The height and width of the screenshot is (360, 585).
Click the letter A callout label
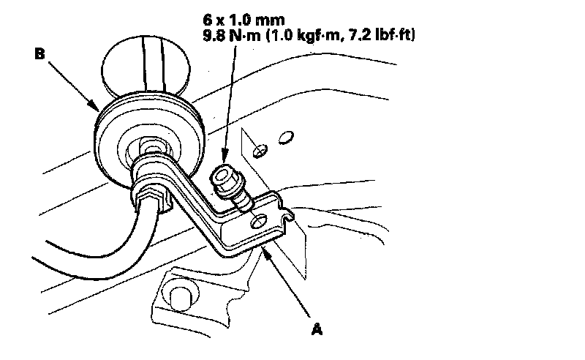click(x=317, y=330)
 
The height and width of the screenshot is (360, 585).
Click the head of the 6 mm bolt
click(x=221, y=177)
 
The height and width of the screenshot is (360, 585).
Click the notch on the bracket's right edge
click(x=287, y=214)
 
